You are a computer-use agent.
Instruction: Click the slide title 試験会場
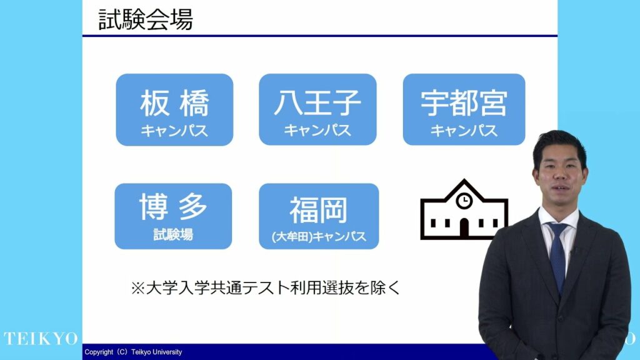pos(146,19)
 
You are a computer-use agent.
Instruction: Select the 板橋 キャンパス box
pos(175,110)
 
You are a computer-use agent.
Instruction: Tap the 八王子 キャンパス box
pos(317,109)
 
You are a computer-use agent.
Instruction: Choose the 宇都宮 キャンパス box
pos(464,109)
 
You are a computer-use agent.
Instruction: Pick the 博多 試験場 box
pos(174,216)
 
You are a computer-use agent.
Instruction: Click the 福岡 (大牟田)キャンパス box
pos(319,216)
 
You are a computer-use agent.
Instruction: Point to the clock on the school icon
pos(464,201)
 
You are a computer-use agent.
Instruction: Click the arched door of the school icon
pos(464,228)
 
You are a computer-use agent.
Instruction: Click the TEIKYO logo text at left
pos(41,339)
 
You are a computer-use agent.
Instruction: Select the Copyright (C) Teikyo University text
pos(133,352)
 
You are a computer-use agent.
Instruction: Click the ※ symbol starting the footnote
pos(138,288)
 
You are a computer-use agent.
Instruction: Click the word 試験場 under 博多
pos(173,235)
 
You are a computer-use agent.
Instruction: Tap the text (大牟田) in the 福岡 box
pos(292,237)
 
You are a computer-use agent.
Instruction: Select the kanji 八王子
pos(317,102)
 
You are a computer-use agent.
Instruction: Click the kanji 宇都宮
pos(464,103)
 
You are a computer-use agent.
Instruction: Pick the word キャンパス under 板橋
pos(175,131)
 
